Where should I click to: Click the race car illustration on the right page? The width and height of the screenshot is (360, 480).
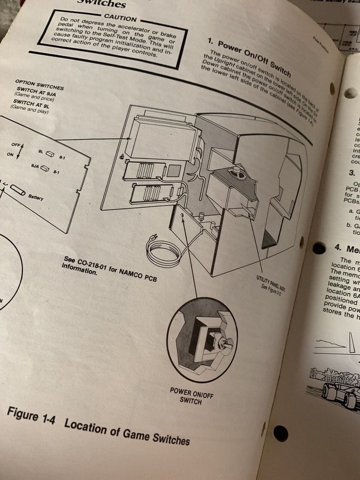pyautogui.click(x=336, y=389)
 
